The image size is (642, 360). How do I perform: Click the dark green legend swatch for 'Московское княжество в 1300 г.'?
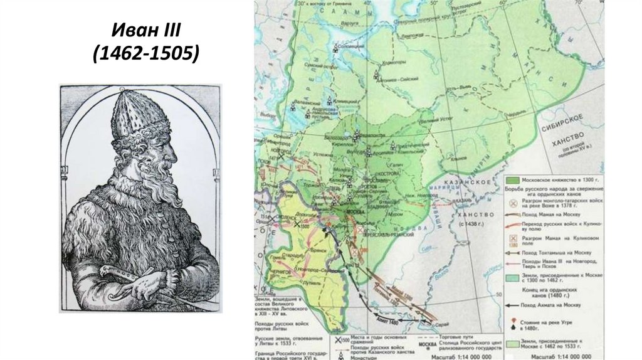pos(514,179)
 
